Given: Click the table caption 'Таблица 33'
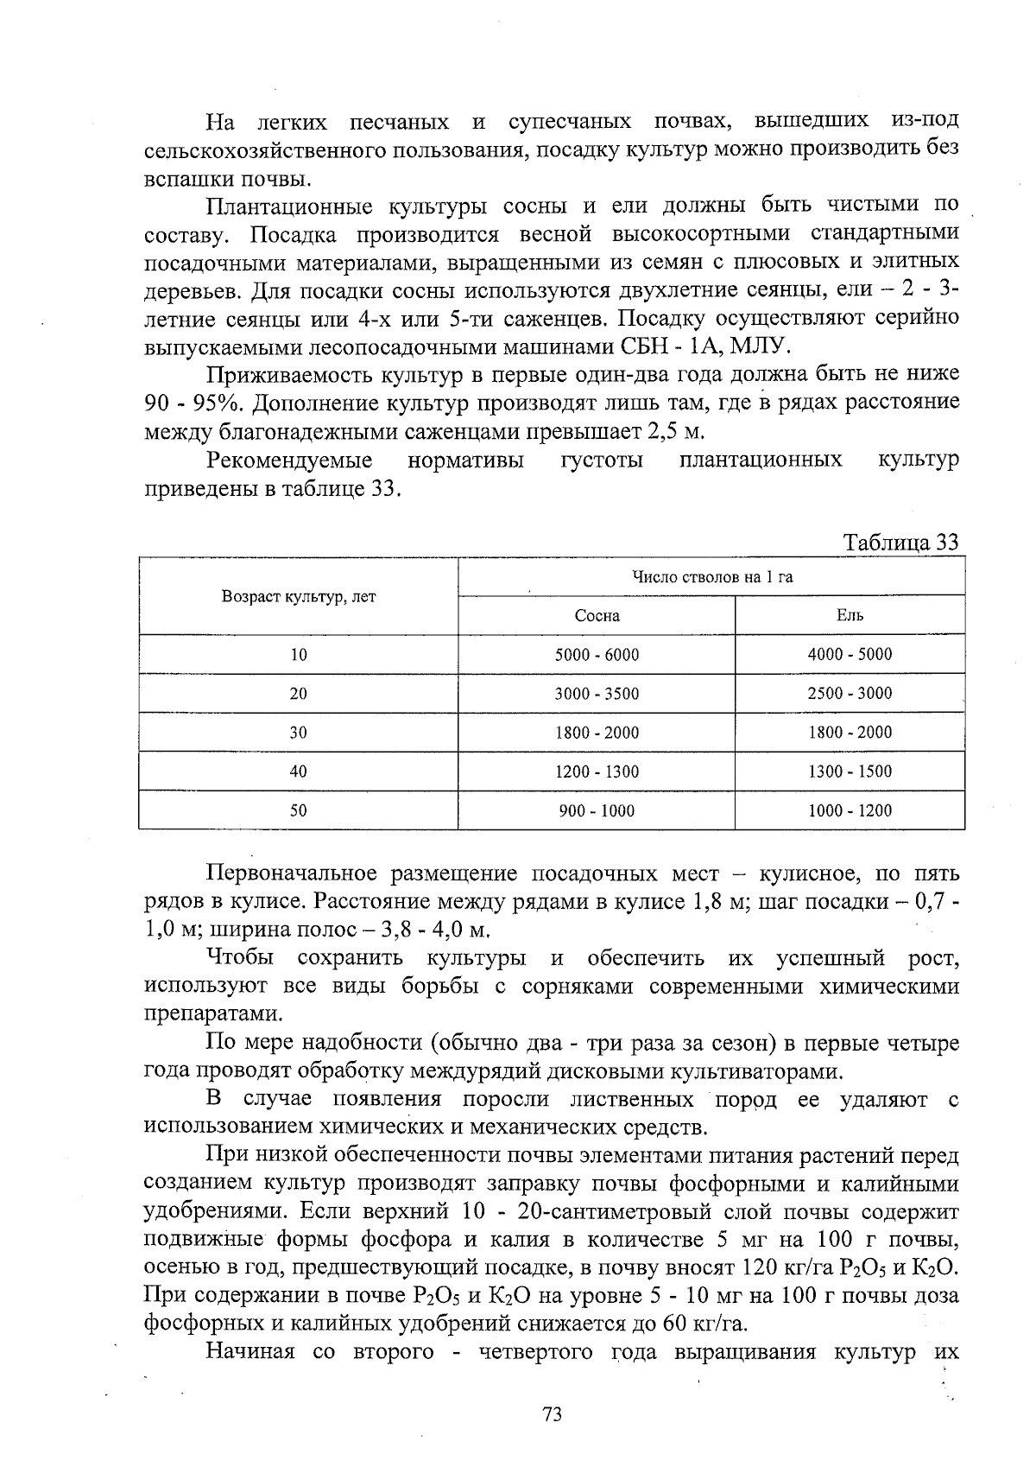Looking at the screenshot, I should (x=901, y=543).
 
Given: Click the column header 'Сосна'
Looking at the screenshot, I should (x=597, y=616).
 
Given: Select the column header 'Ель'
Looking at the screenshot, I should (x=850, y=616).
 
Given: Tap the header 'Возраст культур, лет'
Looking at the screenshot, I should (x=299, y=597).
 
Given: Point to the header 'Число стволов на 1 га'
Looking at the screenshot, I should (x=711, y=577).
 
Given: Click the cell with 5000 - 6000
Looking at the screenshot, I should (x=597, y=655).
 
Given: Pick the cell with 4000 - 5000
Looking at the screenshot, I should (x=850, y=654).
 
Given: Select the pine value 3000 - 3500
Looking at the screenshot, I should (x=597, y=694).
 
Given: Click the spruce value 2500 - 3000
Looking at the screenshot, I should (x=850, y=693).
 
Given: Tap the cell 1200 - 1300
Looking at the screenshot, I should (x=597, y=772).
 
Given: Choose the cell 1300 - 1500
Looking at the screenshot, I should (x=850, y=772).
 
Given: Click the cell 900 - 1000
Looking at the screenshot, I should (x=597, y=810).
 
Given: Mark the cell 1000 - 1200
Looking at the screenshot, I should (x=850, y=810).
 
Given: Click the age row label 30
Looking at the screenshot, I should (x=299, y=733).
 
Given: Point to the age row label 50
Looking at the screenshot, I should (x=299, y=810).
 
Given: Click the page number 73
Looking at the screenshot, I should (x=553, y=1414).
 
